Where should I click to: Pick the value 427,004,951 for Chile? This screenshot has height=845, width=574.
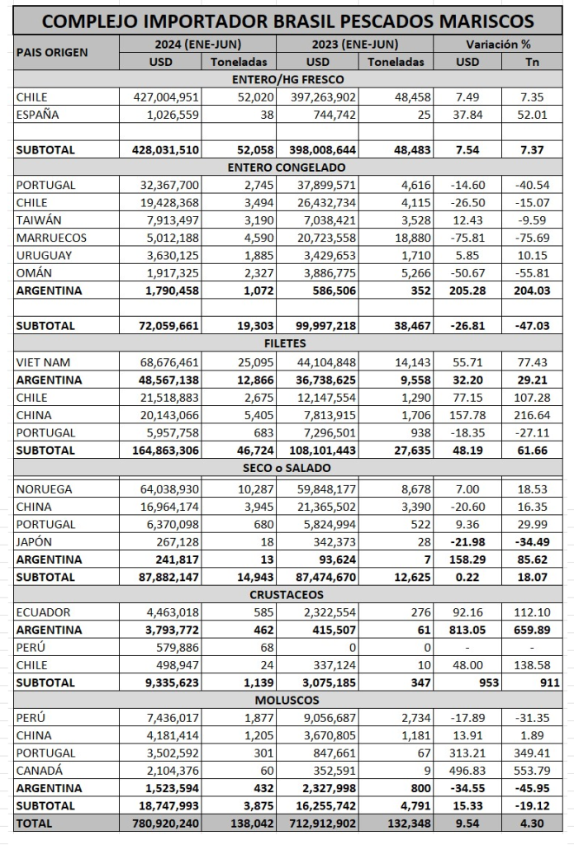[167, 97]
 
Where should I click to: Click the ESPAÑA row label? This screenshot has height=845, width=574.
[37, 115]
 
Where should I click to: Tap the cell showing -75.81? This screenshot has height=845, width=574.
[472, 238]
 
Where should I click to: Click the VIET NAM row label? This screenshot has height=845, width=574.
[45, 362]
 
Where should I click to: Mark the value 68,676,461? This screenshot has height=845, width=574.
[167, 362]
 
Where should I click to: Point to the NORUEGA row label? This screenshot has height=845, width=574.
[45, 489]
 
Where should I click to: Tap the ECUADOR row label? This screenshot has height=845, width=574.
[44, 612]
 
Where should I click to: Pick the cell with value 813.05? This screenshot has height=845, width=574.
[472, 630]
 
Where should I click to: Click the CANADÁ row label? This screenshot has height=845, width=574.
[40, 771]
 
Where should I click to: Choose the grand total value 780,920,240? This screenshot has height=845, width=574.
[164, 824]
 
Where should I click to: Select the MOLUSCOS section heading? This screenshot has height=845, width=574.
[287, 700]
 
